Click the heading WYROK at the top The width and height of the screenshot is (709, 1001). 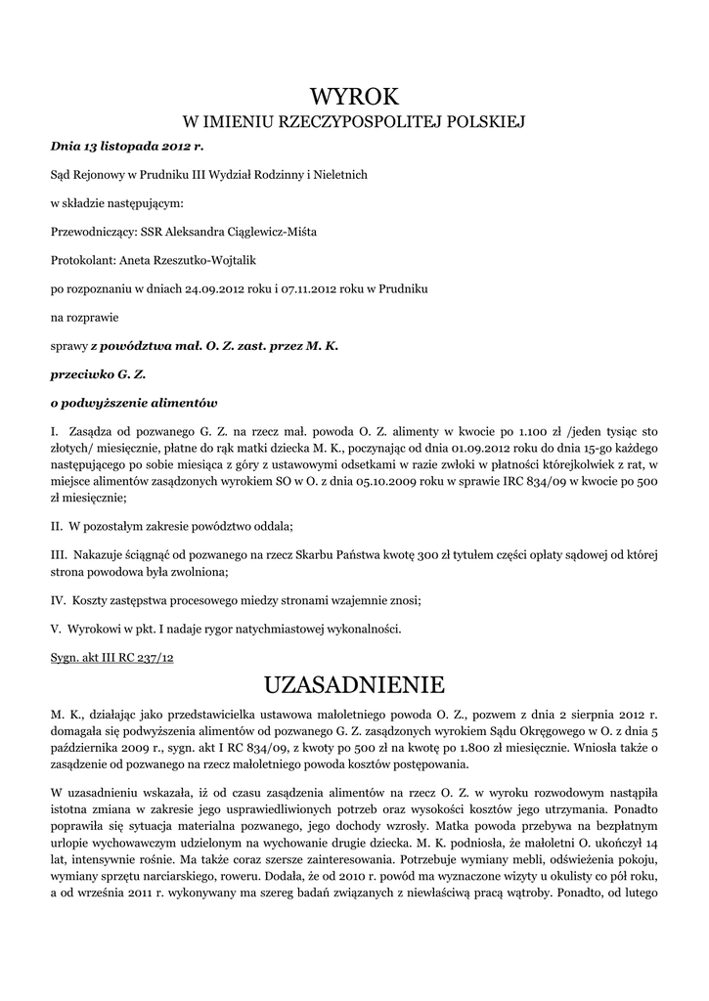click(354, 96)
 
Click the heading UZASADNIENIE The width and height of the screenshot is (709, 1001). click(354, 681)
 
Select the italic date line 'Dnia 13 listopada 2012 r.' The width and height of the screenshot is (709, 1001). click(127, 146)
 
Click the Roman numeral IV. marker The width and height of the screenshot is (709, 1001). click(58, 598)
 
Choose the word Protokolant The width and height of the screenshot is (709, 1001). click(81, 260)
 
